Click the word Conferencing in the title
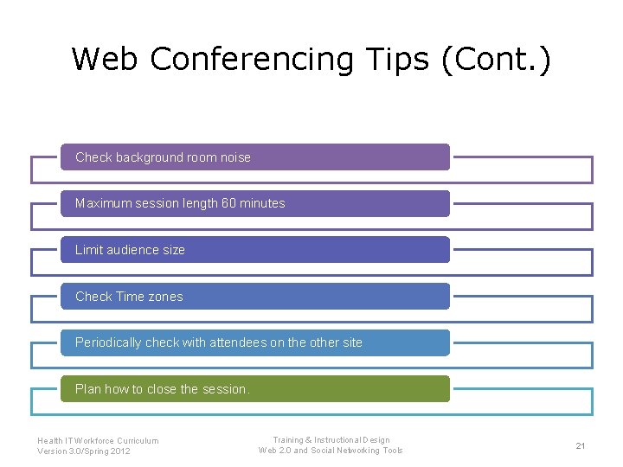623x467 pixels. coord(251,60)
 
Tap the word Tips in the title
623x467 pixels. coord(395,60)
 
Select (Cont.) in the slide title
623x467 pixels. coord(495,60)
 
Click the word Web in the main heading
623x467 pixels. coord(106,60)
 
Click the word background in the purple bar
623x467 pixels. coord(148,157)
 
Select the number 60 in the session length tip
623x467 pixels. coord(228,203)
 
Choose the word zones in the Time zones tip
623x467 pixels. coord(164,297)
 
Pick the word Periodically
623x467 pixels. coord(108,342)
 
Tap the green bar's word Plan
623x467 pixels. coord(87,389)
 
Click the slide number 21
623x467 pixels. coord(581,445)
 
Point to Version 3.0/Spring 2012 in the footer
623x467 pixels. coord(84,451)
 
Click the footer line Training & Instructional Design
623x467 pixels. coord(331,440)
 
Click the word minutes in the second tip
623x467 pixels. coord(262,203)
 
